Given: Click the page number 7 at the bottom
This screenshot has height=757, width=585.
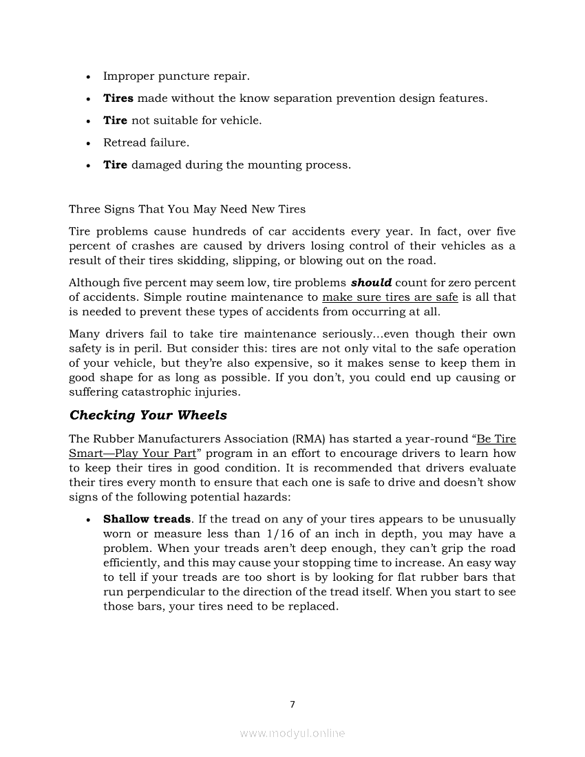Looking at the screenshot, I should [x=292, y=704].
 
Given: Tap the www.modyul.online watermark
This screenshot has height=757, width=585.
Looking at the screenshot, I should [x=292, y=734].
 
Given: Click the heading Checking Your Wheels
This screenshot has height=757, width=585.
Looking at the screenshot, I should [x=148, y=415].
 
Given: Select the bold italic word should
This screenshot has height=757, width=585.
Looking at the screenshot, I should [x=371, y=282].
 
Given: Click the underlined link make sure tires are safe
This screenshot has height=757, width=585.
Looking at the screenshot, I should [x=390, y=297].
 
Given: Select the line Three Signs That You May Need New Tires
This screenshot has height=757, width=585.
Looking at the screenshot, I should [x=187, y=209].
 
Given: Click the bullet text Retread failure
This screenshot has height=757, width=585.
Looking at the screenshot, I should [x=146, y=142].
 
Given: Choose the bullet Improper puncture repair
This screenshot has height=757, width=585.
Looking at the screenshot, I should [x=176, y=76].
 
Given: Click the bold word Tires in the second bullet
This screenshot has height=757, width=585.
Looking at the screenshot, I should [x=118, y=98].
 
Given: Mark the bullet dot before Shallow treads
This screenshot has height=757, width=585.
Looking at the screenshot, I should [x=88, y=520].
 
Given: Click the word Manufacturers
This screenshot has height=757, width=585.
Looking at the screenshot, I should [x=184, y=438].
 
